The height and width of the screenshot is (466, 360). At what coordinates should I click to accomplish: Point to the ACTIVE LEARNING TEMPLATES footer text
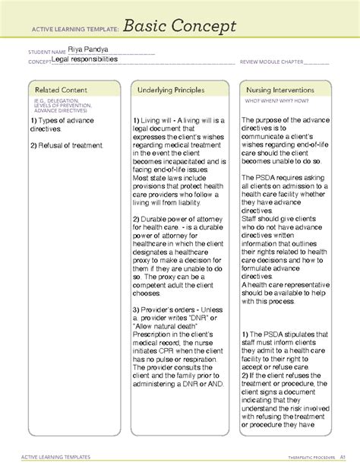[58, 456]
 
